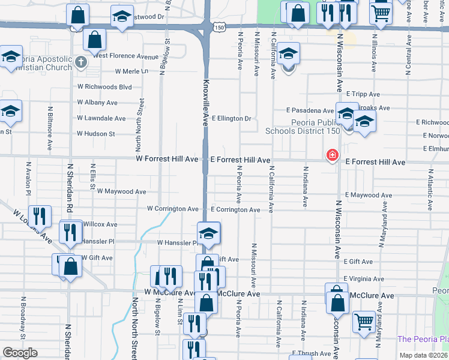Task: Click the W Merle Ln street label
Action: click(x=131, y=71)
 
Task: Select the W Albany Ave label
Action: click(x=97, y=103)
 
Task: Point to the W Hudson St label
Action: click(x=95, y=134)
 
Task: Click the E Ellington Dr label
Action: click(x=231, y=119)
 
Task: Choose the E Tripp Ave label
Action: click(x=363, y=94)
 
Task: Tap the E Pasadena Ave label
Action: click(x=310, y=110)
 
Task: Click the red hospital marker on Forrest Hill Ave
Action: click(x=331, y=156)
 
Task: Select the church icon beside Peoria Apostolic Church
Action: click(x=80, y=62)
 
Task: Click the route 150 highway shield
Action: click(x=221, y=28)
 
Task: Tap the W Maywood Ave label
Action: click(x=121, y=192)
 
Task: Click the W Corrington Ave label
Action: click(x=173, y=209)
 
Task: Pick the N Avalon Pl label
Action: click(x=28, y=178)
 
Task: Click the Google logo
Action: click(x=20, y=353)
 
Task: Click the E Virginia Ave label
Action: click(x=364, y=279)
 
